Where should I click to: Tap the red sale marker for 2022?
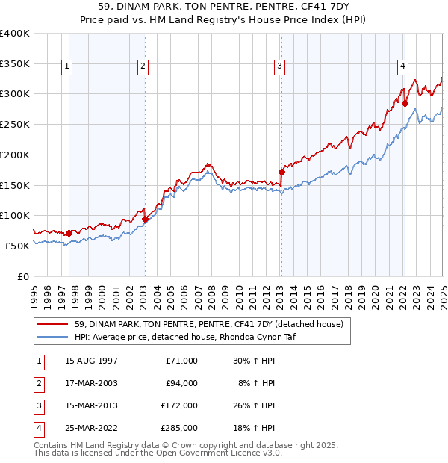click(x=405, y=104)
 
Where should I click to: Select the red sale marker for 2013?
click(x=281, y=172)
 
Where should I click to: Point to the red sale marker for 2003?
click(x=145, y=220)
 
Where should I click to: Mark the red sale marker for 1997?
click(x=69, y=233)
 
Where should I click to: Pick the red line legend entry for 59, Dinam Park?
click(x=198, y=324)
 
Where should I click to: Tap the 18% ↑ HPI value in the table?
click(x=256, y=428)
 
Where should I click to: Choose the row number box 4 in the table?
click(x=38, y=428)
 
